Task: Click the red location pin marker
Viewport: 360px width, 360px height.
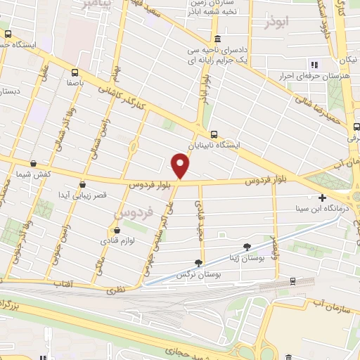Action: [181, 167]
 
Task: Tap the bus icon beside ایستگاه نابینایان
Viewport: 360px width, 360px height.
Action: [213, 134]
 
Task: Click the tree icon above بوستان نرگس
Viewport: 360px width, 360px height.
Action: [199, 262]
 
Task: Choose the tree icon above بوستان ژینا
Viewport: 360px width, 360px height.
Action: [247, 246]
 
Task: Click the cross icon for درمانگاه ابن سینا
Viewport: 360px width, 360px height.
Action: [323, 198]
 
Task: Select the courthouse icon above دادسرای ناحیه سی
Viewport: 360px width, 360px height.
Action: [217, 39]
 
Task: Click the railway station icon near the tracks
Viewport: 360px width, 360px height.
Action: [292, 281]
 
